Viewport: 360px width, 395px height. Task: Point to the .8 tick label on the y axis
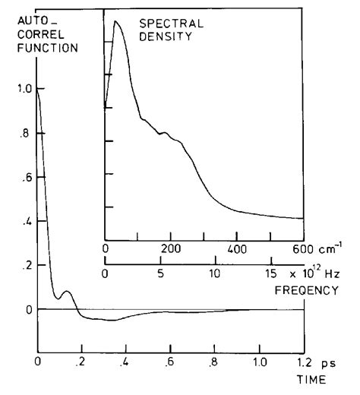click(25, 133)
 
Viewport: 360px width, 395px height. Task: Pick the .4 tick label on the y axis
click(25, 221)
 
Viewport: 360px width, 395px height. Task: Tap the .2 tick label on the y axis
click(25, 265)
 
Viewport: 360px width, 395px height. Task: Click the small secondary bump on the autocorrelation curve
click(67, 291)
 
